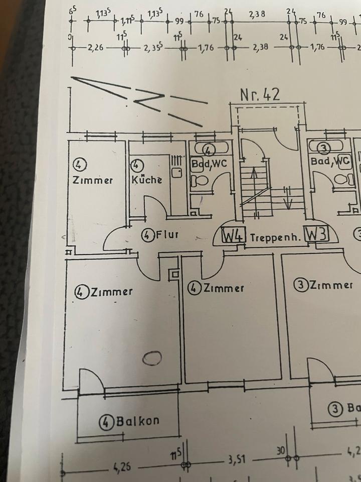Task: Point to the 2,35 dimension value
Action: click(x=153, y=49)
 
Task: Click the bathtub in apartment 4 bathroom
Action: click(x=210, y=150)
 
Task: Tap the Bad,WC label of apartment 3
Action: click(x=330, y=161)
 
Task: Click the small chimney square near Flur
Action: click(x=174, y=275)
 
